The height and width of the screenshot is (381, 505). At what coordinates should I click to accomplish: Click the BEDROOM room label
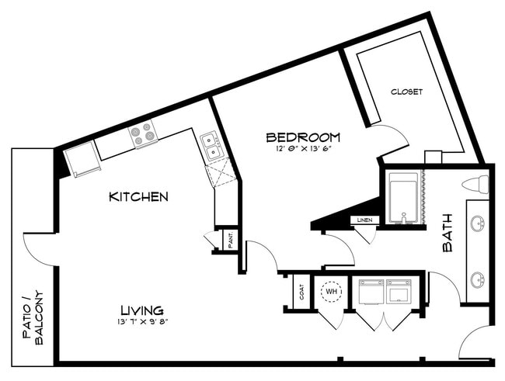[x=302, y=137]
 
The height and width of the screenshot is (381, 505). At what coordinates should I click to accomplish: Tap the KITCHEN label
[x=138, y=197]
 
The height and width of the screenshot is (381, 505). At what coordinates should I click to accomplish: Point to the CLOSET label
[x=407, y=92]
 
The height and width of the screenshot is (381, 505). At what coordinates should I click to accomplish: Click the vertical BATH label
[x=448, y=233]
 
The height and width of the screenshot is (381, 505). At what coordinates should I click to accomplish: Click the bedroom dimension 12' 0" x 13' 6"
[x=302, y=150]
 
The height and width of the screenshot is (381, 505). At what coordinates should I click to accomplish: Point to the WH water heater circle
[x=332, y=292]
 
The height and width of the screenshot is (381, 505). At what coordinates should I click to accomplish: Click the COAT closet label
[x=301, y=292]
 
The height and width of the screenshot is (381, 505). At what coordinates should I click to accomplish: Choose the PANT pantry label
[x=231, y=240]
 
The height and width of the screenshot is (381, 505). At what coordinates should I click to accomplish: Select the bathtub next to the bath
[x=403, y=199]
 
